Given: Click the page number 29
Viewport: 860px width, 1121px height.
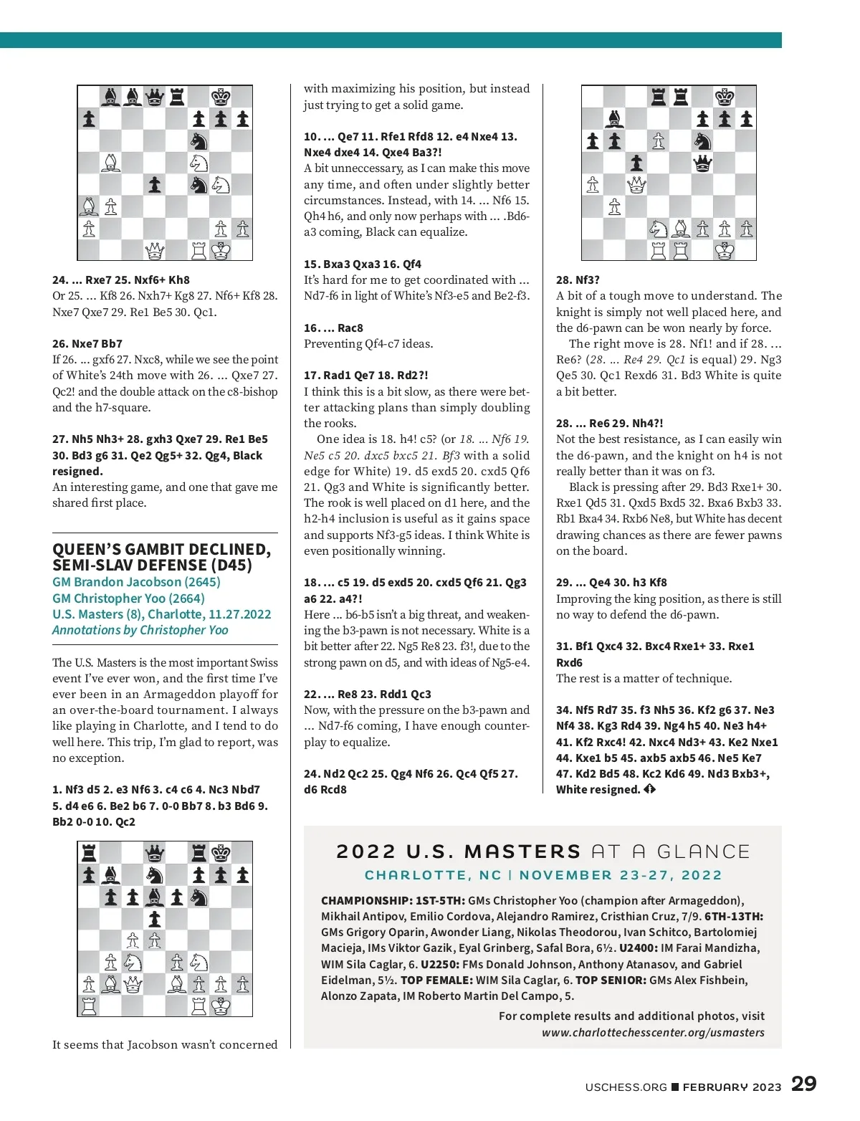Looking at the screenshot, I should [803, 1083].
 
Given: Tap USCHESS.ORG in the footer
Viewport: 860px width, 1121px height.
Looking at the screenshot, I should [626, 1087].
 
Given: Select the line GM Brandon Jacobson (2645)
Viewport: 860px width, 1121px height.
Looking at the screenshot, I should [136, 582].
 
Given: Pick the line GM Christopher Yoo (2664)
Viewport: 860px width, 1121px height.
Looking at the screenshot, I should [128, 598].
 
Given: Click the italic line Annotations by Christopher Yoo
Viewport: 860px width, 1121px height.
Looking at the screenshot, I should [140, 630].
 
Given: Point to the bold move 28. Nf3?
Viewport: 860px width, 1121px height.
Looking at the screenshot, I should [578, 280].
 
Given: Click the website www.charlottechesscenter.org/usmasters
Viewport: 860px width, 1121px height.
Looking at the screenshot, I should [653, 1032].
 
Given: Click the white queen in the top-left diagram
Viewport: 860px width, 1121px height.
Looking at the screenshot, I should [155, 251].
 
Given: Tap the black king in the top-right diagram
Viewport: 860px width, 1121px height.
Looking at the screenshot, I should [725, 97].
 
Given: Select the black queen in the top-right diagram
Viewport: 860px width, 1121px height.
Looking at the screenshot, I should [703, 163].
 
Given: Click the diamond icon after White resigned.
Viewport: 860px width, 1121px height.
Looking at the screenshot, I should [649, 789].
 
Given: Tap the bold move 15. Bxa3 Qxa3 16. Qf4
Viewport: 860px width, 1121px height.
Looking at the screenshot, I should [362, 264].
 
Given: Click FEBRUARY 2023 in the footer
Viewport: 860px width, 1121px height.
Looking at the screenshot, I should [732, 1087].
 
